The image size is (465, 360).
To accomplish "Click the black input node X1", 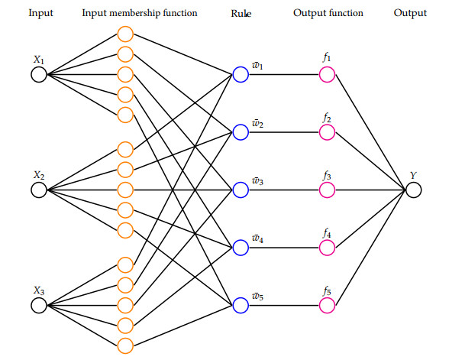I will tap(38, 74).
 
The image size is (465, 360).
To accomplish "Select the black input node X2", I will tap(38, 190).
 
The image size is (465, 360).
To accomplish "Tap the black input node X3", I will tap(38, 305).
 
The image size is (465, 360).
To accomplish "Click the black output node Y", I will tap(414, 190).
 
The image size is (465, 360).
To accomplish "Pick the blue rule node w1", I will tap(241, 74).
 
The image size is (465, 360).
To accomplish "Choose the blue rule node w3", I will tap(241, 190).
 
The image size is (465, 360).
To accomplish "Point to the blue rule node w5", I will tap(241, 305).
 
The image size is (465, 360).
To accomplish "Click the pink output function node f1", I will tap(327, 74).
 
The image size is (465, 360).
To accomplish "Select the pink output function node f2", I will tap(327, 132).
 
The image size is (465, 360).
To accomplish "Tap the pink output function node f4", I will tap(327, 248).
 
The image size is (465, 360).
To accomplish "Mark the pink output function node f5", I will tap(327, 305).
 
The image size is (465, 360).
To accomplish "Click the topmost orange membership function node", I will tap(126, 34).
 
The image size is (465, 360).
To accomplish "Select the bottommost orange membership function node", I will tap(126, 345).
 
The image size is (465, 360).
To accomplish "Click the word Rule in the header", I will tap(241, 13).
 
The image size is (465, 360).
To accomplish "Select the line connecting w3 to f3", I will tap(283, 190).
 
